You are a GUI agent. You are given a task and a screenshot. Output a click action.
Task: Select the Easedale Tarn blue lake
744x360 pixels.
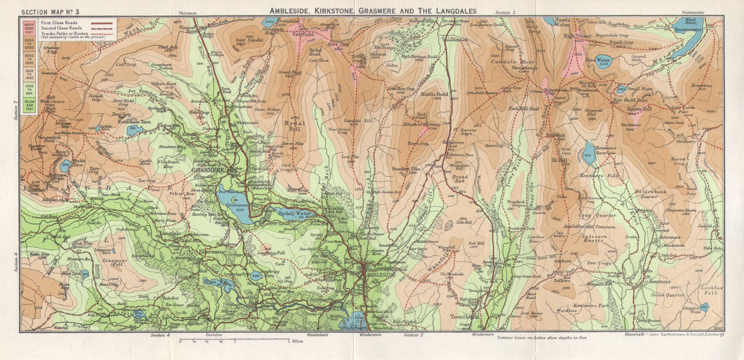[x=132, y=131]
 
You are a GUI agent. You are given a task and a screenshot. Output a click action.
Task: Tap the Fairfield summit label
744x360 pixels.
[x=303, y=34]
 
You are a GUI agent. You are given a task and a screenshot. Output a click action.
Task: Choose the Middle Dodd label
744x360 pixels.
[x=434, y=94]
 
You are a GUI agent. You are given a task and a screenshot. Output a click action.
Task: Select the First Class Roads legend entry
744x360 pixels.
[x=59, y=22]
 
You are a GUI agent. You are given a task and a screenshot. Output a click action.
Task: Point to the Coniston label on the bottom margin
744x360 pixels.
[x=213, y=335]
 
